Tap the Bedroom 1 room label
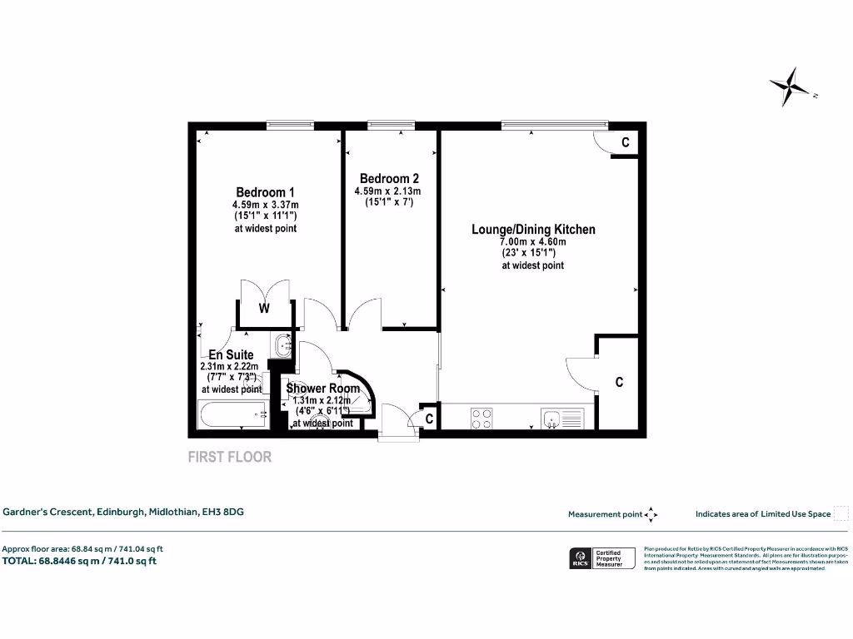(x=265, y=191)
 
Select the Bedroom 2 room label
(x=389, y=179)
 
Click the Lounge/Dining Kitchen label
(x=533, y=230)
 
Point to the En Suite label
(x=231, y=354)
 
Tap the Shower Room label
(x=323, y=389)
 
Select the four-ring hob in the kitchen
(x=481, y=419)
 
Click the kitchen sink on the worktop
(x=554, y=419)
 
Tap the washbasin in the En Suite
(x=282, y=344)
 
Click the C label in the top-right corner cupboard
(x=626, y=143)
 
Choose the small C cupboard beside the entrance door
(x=429, y=420)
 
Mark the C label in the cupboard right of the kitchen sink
(x=619, y=383)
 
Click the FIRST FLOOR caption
(x=230, y=457)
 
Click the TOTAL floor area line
(x=80, y=561)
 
